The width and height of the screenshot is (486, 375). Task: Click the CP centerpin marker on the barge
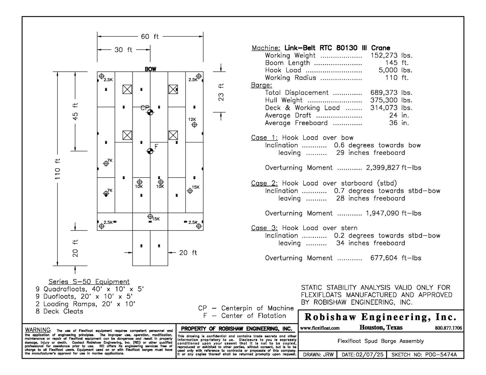tap(150, 112)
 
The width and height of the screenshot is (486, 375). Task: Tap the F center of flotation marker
tap(150, 151)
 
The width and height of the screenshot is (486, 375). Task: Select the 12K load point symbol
tap(194, 125)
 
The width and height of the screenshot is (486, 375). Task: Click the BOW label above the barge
tap(150, 69)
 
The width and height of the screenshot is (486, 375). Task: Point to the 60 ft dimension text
tap(150, 37)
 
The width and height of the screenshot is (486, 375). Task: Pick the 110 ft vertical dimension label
tap(58, 169)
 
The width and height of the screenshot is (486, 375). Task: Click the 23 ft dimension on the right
tap(221, 92)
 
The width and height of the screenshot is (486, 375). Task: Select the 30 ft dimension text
tap(123, 50)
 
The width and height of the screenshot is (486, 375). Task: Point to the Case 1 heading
tap(264, 138)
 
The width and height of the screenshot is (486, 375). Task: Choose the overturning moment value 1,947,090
tap(382, 213)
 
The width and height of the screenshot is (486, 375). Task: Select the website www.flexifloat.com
tap(320, 328)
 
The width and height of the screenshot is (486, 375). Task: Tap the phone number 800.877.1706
tap(448, 328)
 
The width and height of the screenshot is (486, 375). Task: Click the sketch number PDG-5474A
tap(441, 355)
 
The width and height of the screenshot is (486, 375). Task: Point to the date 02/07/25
tap(370, 355)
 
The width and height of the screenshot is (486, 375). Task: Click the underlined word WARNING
tap(38, 330)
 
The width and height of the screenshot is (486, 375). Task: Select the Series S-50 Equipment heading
tap(89, 282)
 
